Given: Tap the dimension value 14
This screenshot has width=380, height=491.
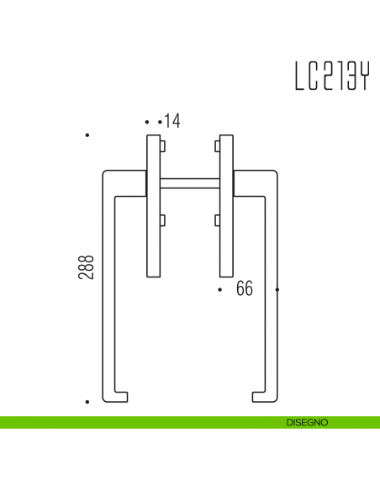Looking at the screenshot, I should (172, 122).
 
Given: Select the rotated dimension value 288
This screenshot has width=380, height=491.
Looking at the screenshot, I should (87, 267).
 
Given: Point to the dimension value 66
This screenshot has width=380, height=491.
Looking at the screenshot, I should (245, 289).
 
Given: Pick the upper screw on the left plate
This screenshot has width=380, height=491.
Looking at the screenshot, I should (164, 146).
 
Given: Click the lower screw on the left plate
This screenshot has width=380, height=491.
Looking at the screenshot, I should (164, 220).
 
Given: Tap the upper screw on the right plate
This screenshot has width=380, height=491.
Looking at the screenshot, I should (216, 146).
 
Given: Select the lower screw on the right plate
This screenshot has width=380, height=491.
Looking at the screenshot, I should (216, 220).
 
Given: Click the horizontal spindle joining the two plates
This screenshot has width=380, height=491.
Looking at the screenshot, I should (190, 181).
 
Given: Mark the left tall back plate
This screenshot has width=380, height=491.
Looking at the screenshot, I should (155, 205).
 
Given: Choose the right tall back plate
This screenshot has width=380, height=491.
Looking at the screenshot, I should (225, 205).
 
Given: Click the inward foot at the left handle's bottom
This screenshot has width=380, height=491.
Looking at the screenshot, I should (122, 396).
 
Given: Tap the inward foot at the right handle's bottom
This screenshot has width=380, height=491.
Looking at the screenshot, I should (258, 396).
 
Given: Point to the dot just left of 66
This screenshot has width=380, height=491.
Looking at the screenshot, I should (219, 290).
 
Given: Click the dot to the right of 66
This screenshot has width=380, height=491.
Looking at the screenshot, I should (277, 290).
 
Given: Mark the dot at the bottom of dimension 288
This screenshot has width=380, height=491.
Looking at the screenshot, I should (87, 402).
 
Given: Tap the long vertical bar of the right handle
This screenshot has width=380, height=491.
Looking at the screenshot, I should (272, 286).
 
